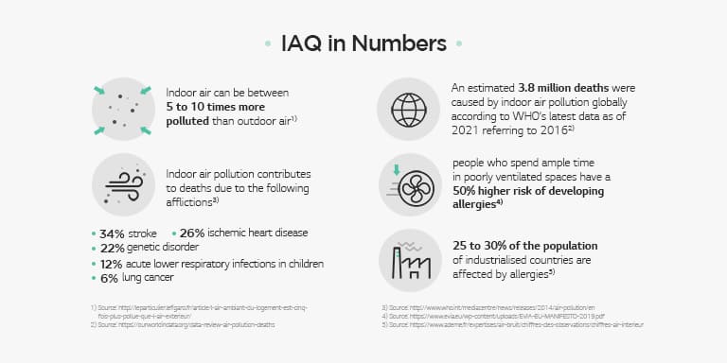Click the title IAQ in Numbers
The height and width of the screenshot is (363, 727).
coord(363,43)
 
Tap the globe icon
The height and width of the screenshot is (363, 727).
coord(409,105)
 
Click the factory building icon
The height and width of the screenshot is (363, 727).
coord(409,259)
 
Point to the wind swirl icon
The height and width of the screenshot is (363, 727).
coord(123,184)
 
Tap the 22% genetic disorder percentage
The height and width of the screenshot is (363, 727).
coord(114,247)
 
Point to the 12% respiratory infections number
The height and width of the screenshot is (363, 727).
coord(113,263)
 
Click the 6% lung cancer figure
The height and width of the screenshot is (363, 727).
coord(110,278)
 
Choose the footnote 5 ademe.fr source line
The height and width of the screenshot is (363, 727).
coord(512,324)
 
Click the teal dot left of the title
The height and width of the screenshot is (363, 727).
coord(269,43)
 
